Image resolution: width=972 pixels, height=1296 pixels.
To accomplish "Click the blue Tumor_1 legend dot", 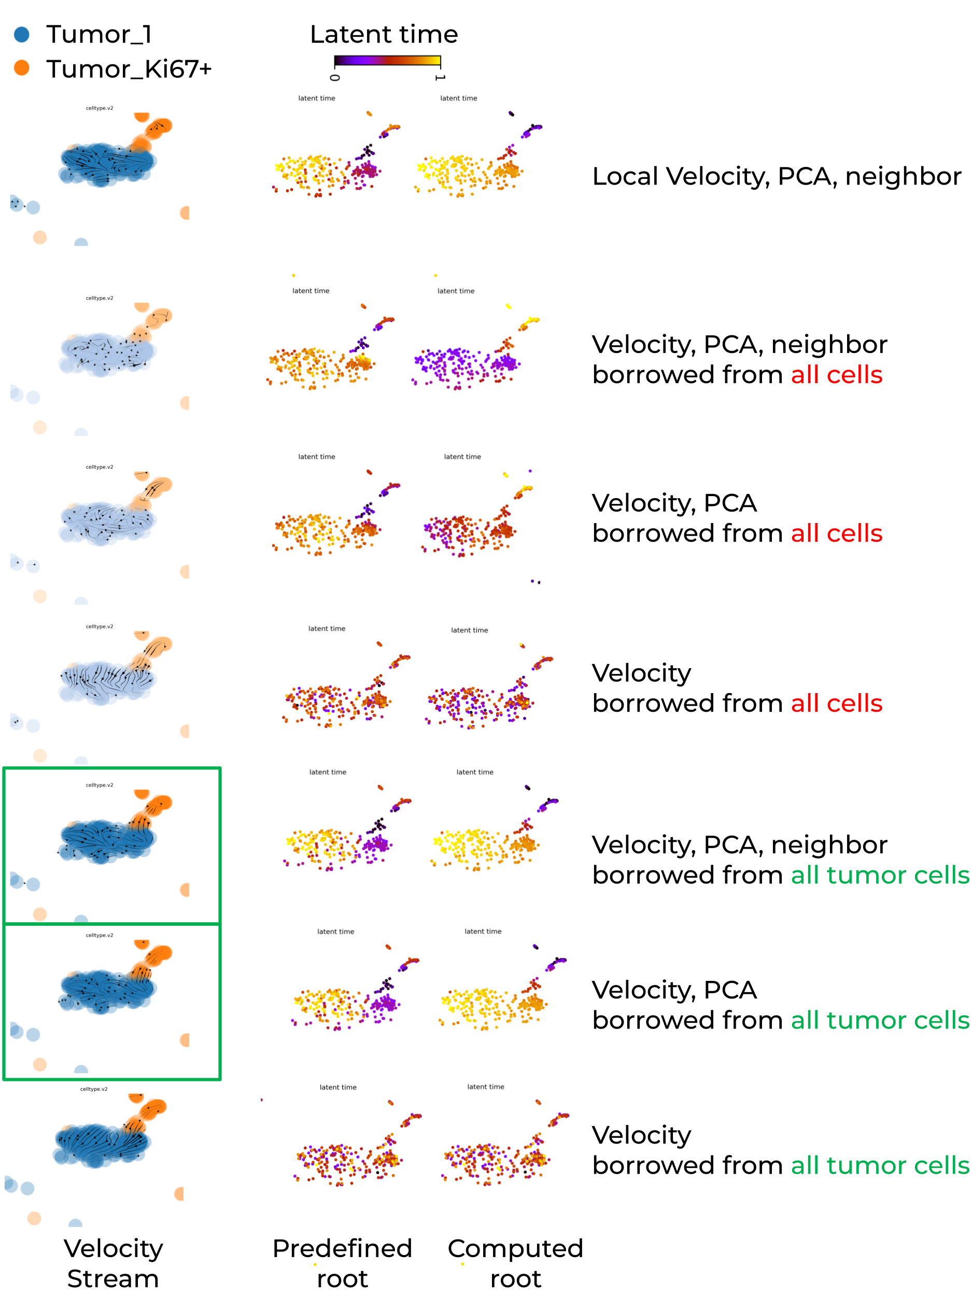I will point(22,35).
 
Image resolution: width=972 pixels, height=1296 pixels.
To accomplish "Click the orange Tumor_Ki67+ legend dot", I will point(22,68).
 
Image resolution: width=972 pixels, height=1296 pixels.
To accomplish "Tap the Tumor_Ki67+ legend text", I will point(129,69).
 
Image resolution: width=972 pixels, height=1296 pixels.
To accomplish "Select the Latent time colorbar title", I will point(384,35).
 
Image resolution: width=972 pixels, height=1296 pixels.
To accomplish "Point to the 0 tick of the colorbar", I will point(334,77).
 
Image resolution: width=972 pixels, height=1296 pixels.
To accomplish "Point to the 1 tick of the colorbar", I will point(440,77).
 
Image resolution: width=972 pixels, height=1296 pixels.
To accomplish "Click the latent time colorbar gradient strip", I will point(387,60).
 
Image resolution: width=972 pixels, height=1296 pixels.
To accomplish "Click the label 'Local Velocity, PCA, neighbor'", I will point(777,176).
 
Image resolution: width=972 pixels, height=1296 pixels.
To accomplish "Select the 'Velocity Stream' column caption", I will point(112,1263).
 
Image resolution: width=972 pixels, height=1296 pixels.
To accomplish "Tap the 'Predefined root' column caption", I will point(342,1263).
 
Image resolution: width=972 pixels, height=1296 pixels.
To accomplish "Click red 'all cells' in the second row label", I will point(836,375).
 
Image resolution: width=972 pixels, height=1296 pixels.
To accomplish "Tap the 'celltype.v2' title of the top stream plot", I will point(100,108).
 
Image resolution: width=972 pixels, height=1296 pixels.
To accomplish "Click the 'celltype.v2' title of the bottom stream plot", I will point(94,1089).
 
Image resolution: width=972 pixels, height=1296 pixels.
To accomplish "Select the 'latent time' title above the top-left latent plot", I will point(316,98).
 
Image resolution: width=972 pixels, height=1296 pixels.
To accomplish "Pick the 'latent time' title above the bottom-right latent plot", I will point(485,1087).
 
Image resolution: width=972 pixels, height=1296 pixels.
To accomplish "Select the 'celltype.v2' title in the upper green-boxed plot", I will point(100,785).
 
